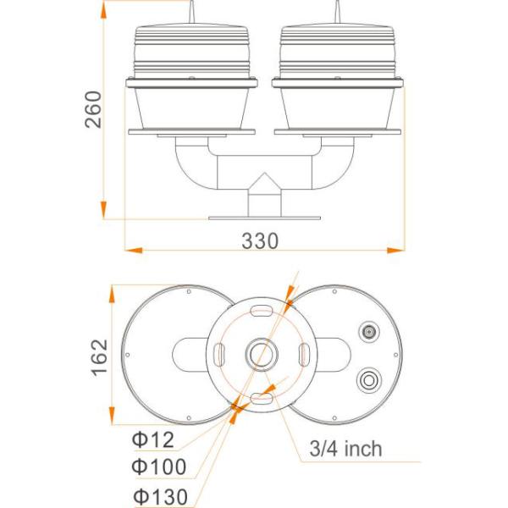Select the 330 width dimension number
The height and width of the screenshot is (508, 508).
click(x=260, y=240)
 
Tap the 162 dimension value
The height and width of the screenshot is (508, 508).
click(x=98, y=356)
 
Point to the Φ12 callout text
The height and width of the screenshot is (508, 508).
click(x=152, y=439)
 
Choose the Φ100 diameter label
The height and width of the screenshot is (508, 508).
click(x=158, y=467)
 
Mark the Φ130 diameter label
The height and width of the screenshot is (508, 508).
click(x=158, y=496)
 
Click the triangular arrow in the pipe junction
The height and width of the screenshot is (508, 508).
click(x=261, y=182)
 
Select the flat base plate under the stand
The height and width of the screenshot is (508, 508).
click(x=261, y=217)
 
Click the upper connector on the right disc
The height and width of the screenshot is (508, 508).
click(x=369, y=332)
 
